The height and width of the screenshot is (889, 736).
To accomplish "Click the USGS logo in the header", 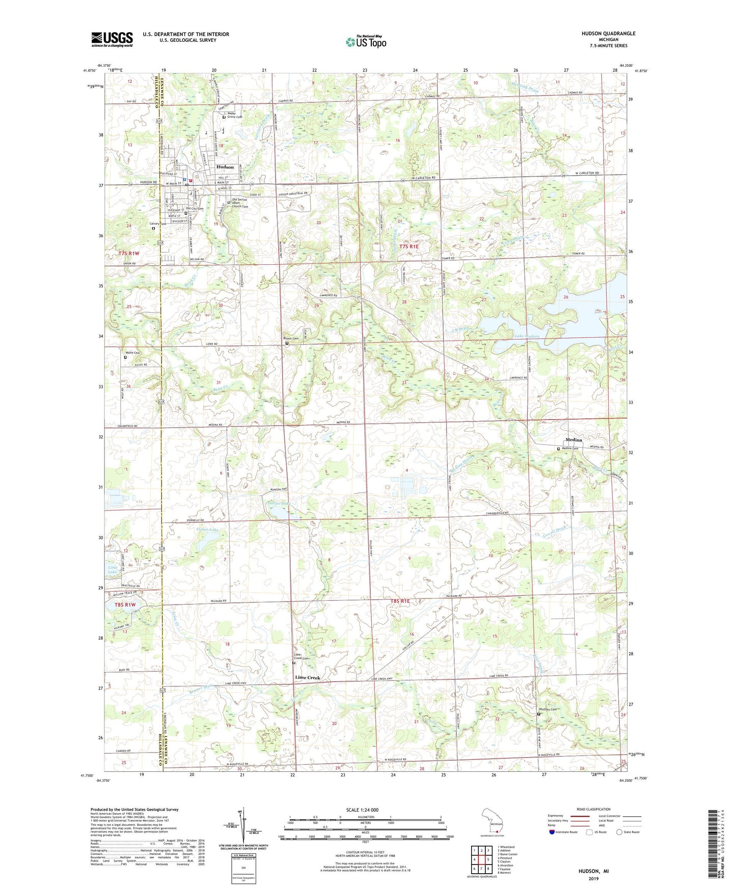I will click(112, 39).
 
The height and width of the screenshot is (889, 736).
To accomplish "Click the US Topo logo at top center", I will click(365, 41).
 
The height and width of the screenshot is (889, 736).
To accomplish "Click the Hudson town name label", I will click(225, 167).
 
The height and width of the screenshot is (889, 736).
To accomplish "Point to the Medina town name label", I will click(574, 440).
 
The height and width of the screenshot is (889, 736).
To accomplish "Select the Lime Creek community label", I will click(308, 678).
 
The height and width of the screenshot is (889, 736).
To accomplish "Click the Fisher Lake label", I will click(207, 530).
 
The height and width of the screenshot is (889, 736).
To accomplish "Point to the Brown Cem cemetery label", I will click(291, 339).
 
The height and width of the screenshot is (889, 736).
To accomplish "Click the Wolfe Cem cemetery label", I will click(132, 353).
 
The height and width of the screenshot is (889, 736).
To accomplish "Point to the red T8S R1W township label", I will click(125, 604).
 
